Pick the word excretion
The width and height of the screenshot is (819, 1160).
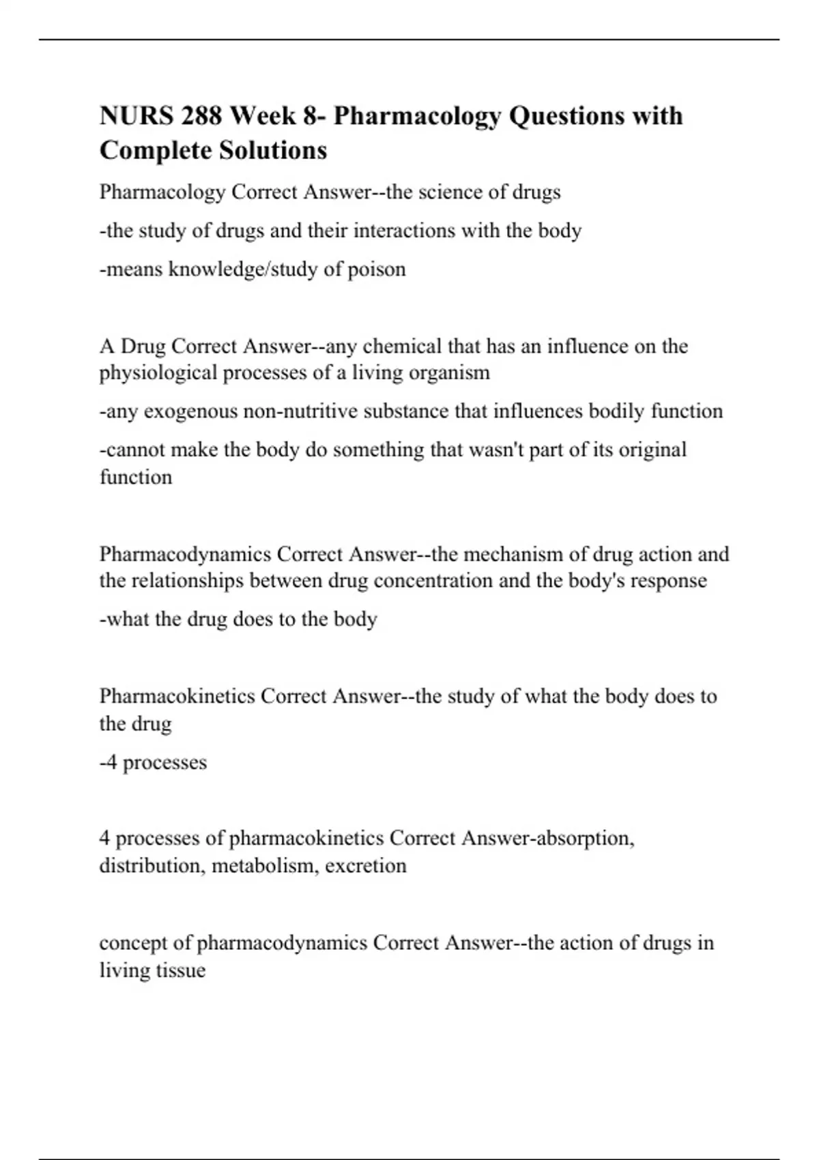tap(365, 865)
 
